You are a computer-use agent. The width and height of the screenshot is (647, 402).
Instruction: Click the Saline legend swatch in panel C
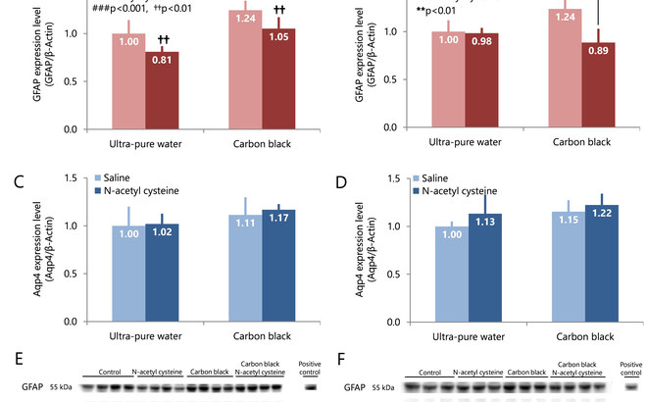pos(99,179)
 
